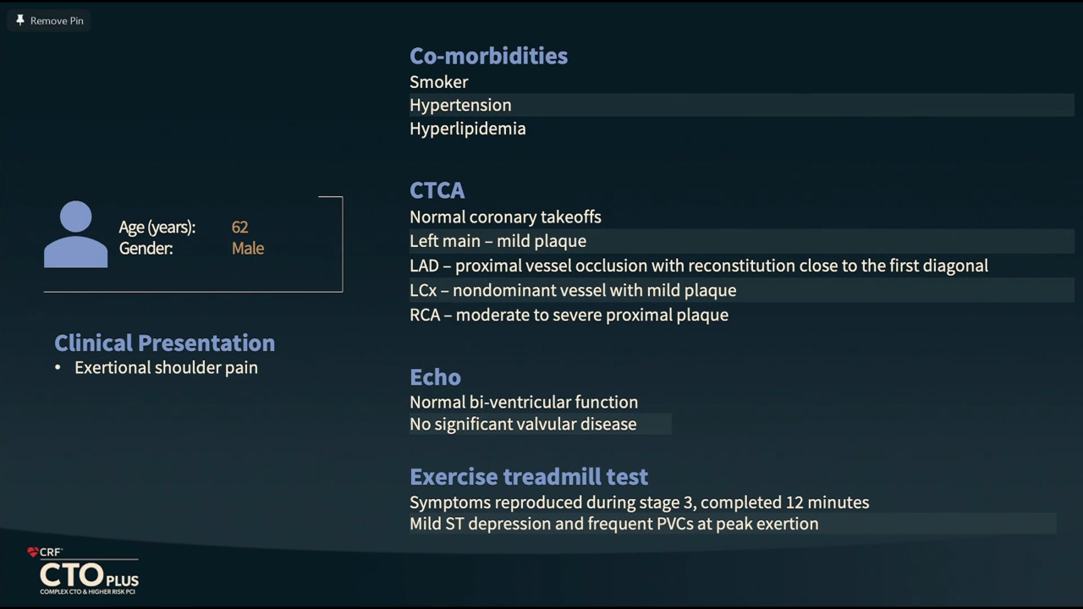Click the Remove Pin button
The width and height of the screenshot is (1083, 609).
[x=49, y=21]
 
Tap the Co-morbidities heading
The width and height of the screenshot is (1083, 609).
[x=488, y=56]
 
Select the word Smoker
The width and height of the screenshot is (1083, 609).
[x=438, y=82]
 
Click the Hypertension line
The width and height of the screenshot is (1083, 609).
[x=460, y=106]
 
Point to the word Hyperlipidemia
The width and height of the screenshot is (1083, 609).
[x=468, y=129]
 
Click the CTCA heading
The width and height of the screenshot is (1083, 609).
[x=437, y=190]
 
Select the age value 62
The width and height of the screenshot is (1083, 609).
[x=239, y=228]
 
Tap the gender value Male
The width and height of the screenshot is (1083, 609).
[x=248, y=249]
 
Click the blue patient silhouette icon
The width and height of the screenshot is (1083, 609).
[x=76, y=234]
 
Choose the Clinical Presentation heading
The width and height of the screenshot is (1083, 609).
[x=164, y=343]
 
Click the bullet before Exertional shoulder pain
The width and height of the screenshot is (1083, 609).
[x=58, y=368]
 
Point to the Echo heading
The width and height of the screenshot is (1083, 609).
[x=435, y=377]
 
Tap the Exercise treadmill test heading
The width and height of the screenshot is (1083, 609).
[x=529, y=477]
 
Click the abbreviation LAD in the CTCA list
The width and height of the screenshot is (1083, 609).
[x=424, y=266]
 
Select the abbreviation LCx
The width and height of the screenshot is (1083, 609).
[x=423, y=290]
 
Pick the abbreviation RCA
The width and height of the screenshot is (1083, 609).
[x=425, y=315]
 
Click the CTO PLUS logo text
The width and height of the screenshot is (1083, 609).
[x=89, y=575]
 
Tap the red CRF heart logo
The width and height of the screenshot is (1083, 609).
[x=32, y=552]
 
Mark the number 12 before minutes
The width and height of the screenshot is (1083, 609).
[x=794, y=502]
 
